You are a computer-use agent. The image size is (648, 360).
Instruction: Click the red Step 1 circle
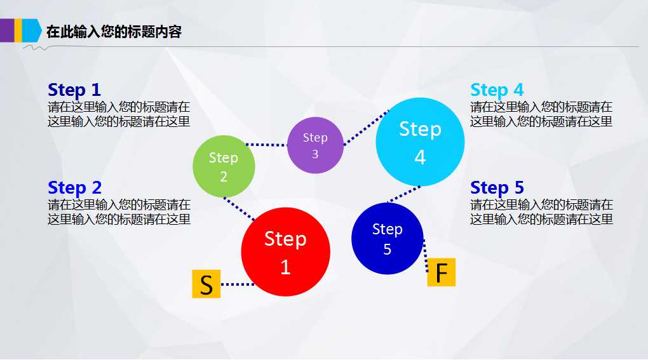[x=285, y=252]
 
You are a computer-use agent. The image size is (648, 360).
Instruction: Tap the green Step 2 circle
[x=224, y=166]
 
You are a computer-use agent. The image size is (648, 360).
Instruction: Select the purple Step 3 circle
[x=315, y=145]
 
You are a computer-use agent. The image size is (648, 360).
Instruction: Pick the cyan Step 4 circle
[x=420, y=142]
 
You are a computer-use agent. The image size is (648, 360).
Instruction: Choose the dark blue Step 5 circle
[x=387, y=239]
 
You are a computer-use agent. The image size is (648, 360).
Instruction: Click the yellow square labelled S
[x=206, y=284]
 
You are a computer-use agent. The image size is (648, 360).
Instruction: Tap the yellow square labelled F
[x=441, y=272]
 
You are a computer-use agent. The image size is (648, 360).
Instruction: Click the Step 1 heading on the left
[x=74, y=90]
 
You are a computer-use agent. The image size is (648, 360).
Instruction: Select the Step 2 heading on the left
[x=74, y=188]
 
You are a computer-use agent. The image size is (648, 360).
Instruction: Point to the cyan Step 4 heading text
[x=497, y=90]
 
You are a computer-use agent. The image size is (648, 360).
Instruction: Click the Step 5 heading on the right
[x=497, y=188]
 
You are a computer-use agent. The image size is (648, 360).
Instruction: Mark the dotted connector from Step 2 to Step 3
[x=266, y=145]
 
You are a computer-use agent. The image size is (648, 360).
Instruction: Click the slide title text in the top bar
[x=114, y=32]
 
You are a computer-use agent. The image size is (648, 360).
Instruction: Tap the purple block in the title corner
[x=7, y=30]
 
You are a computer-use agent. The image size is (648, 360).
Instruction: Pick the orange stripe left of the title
[x=18, y=30]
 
